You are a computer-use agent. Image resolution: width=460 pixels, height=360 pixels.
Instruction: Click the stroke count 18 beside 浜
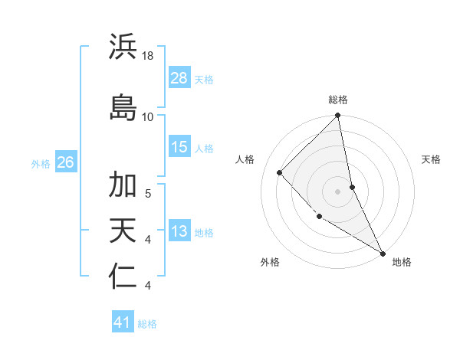pyautogui.click(x=149, y=56)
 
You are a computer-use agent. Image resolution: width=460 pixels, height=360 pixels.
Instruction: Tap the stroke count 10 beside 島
pyautogui.click(x=148, y=116)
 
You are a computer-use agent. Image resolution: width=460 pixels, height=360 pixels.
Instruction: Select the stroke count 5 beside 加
pyautogui.click(x=148, y=193)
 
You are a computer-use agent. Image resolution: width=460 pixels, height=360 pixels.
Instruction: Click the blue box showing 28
pyautogui.click(x=179, y=78)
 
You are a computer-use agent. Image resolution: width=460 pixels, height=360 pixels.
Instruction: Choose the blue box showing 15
pyautogui.click(x=179, y=147)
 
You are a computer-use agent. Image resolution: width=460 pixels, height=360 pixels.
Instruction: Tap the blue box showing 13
pyautogui.click(x=179, y=232)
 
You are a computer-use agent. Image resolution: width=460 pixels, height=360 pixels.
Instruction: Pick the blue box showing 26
pyautogui.click(x=65, y=162)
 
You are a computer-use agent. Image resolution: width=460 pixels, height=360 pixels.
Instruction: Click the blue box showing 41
pyautogui.click(x=123, y=322)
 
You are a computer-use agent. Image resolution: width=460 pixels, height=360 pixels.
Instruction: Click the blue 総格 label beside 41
pyautogui.click(x=147, y=324)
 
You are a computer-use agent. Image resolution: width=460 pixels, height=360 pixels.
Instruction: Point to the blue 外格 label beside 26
pyautogui.click(x=41, y=163)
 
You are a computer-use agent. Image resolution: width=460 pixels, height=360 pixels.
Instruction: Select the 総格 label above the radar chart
pyautogui.click(x=338, y=100)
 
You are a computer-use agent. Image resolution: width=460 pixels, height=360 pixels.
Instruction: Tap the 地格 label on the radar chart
pyautogui.click(x=402, y=262)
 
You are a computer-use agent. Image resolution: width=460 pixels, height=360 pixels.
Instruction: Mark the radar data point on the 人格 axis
pyautogui.click(x=280, y=172)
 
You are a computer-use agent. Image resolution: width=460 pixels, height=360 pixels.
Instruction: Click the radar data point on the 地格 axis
pyautogui.click(x=383, y=253)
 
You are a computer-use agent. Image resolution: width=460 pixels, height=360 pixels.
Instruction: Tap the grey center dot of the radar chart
pyautogui.click(x=338, y=191)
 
